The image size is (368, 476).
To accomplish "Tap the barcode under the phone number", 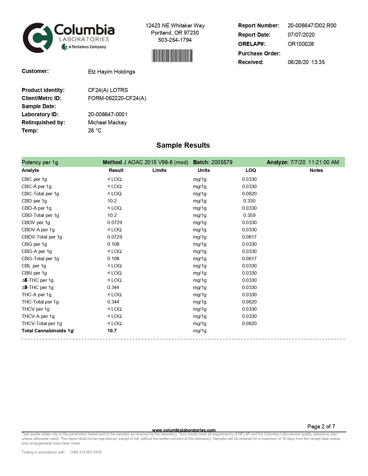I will pos(172,56).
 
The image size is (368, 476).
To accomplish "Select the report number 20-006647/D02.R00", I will pos(312,26).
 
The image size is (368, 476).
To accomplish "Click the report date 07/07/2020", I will pos(301,35).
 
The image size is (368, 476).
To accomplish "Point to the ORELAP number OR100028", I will pos(300,44).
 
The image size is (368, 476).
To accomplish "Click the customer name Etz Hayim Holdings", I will pos(111,72).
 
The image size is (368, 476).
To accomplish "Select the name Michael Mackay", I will pos(107,123).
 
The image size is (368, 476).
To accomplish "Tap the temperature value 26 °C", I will pos(95,131).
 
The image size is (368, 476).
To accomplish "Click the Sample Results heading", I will pos(183,145).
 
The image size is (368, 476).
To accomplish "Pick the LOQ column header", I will pos(251,170).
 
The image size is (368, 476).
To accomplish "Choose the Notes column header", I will pos(316,170).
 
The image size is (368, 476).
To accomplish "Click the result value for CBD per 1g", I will pos(112,201).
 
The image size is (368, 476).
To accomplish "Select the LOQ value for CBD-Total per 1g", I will pos(249,215).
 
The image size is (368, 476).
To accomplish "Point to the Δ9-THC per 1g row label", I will pos(38,288).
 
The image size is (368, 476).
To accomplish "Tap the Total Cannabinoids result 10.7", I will pos(112,331).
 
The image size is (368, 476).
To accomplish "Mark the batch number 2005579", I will pos(222,162).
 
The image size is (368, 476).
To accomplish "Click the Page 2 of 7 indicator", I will pos(321,426).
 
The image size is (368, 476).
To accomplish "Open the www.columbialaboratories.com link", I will pos(184,430).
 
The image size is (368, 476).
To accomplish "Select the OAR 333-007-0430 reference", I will pos(86,452).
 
